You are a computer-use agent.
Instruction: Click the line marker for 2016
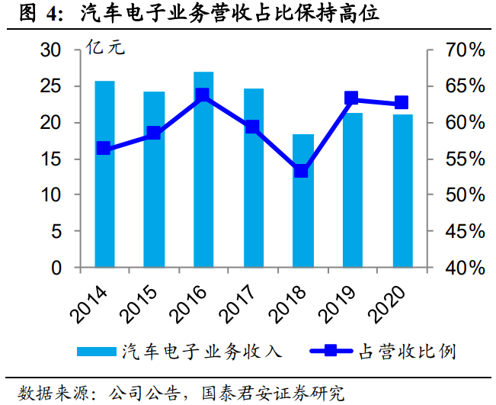coord(203,95)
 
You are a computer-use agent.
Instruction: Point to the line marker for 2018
coord(302,171)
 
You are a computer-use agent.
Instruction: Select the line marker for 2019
coord(351,98)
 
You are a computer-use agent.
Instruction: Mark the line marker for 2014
coord(104,149)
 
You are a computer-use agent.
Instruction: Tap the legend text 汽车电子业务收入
coord(202,351)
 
